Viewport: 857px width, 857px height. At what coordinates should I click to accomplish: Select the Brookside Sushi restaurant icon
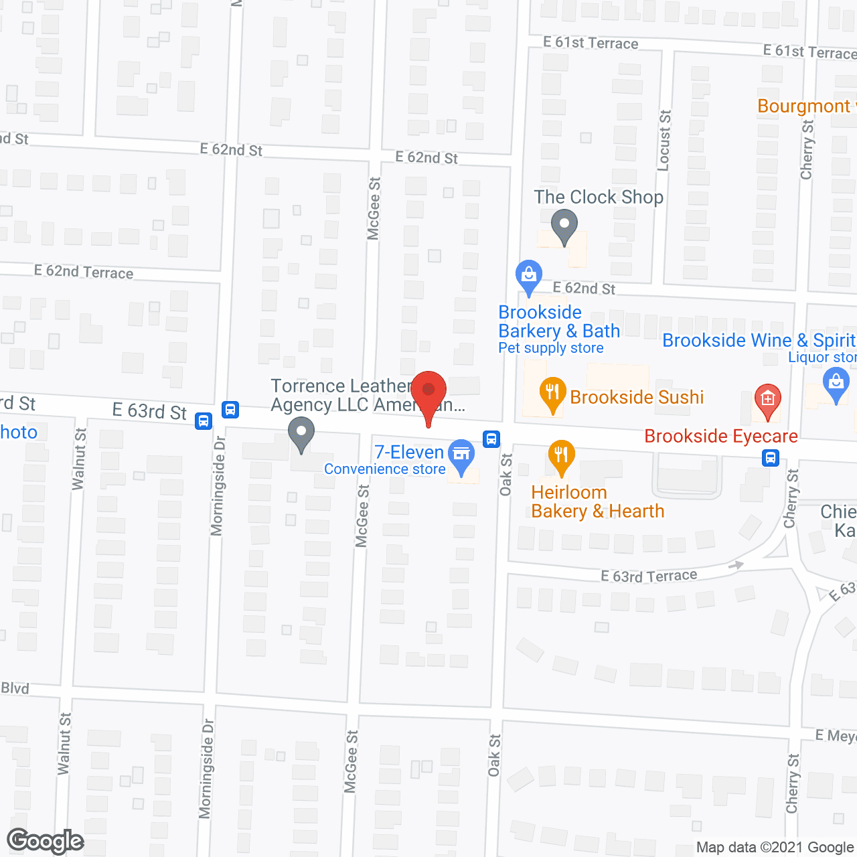pos(552,394)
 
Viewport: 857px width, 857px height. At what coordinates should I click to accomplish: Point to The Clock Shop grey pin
pos(564,226)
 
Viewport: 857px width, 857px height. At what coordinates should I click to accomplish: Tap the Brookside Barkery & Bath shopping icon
pos(529,275)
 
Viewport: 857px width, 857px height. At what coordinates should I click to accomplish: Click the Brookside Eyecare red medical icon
pos(767,400)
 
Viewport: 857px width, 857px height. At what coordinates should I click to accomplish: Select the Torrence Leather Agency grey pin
pos(301,433)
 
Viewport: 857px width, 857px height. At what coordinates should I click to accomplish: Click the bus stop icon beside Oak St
pos(491,439)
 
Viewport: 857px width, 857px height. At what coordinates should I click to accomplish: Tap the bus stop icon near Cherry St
pos(771,458)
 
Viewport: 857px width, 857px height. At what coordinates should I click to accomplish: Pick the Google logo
pos(46,841)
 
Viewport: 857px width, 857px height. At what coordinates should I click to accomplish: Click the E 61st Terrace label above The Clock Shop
pos(591,43)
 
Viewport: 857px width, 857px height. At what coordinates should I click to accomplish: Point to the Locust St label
pos(664,141)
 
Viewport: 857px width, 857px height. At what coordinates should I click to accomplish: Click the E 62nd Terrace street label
pos(84,272)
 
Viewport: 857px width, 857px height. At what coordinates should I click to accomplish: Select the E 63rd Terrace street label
pos(649,576)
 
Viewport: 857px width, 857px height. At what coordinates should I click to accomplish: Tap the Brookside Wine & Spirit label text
pos(759,340)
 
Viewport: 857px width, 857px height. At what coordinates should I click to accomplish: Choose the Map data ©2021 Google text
pos(776,848)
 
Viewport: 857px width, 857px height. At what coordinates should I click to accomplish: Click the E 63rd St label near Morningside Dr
pos(149,410)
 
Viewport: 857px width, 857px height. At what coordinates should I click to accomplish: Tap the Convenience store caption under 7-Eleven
pos(384,469)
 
